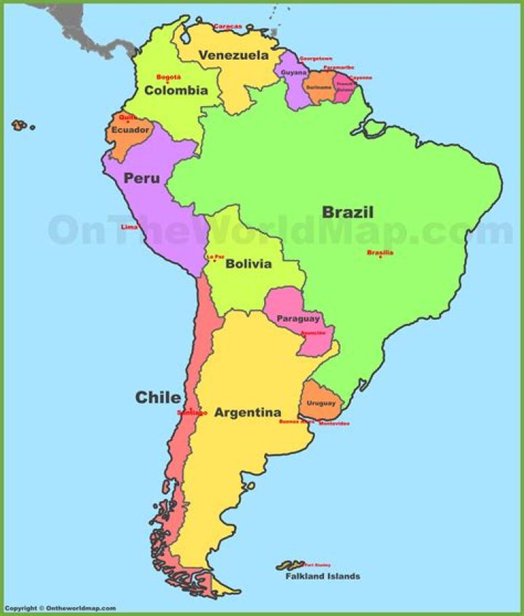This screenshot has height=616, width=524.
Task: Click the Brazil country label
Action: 348,213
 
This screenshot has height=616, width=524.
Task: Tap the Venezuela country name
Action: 233,55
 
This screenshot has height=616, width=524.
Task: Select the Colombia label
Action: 176,91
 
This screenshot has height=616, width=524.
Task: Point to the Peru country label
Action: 141,178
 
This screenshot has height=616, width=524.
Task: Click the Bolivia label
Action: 248,264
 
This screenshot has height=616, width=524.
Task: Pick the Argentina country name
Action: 247,413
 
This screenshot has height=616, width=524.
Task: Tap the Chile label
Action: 158,398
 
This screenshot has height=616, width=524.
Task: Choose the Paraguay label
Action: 298,319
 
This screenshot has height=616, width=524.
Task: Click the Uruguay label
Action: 321,403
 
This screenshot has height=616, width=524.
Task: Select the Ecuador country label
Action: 130,130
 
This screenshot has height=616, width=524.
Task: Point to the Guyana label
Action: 294,73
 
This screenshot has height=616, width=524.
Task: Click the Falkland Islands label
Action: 322,577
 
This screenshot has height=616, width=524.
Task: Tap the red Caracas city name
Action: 228,27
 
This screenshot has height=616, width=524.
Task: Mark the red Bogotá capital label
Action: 169,76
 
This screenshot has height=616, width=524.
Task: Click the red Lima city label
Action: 129,227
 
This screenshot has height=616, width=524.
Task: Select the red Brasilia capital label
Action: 380,253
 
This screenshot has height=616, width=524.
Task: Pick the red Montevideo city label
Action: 334,423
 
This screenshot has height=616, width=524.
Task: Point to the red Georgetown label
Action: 316,58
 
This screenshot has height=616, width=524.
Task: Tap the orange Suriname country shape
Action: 318,87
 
